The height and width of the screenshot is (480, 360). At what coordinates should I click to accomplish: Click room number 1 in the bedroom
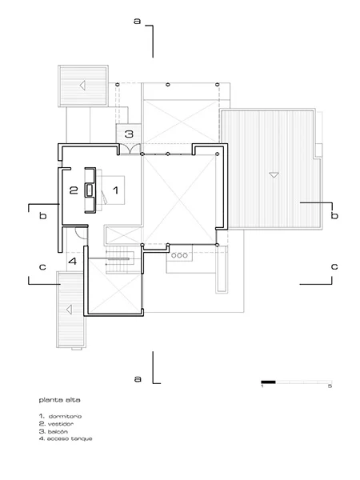(115, 190)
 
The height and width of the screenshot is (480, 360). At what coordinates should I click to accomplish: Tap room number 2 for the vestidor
(74, 190)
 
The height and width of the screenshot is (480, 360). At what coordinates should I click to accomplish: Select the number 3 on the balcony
(129, 134)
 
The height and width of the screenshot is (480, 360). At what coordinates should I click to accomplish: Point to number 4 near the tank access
(73, 262)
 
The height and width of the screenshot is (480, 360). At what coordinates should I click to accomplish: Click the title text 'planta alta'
(59, 400)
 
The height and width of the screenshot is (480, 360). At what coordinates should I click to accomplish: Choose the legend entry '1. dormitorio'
(60, 416)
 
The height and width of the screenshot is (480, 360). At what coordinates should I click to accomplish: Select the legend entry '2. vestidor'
(56, 424)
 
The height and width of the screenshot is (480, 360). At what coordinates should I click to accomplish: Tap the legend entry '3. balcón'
(54, 431)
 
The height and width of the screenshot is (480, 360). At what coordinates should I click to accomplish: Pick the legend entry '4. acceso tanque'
(66, 438)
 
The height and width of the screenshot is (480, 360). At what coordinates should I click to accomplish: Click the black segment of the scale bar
(268, 382)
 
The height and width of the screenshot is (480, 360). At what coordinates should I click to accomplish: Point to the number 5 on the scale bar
(330, 386)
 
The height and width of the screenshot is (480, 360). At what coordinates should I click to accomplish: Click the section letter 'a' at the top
(137, 21)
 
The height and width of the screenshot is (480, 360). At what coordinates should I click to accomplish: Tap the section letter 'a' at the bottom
(138, 378)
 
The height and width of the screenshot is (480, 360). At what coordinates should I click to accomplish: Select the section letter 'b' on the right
(334, 215)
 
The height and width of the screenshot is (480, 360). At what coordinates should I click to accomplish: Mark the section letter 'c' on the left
(42, 267)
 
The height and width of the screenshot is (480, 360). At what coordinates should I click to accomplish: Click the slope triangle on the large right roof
(274, 175)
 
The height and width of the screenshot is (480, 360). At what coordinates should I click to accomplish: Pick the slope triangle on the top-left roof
(82, 86)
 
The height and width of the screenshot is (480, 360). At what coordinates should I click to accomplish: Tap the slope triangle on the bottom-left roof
(69, 310)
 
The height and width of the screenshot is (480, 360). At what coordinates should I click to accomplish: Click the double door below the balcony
(130, 149)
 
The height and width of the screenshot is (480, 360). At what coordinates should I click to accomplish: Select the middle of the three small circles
(179, 255)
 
